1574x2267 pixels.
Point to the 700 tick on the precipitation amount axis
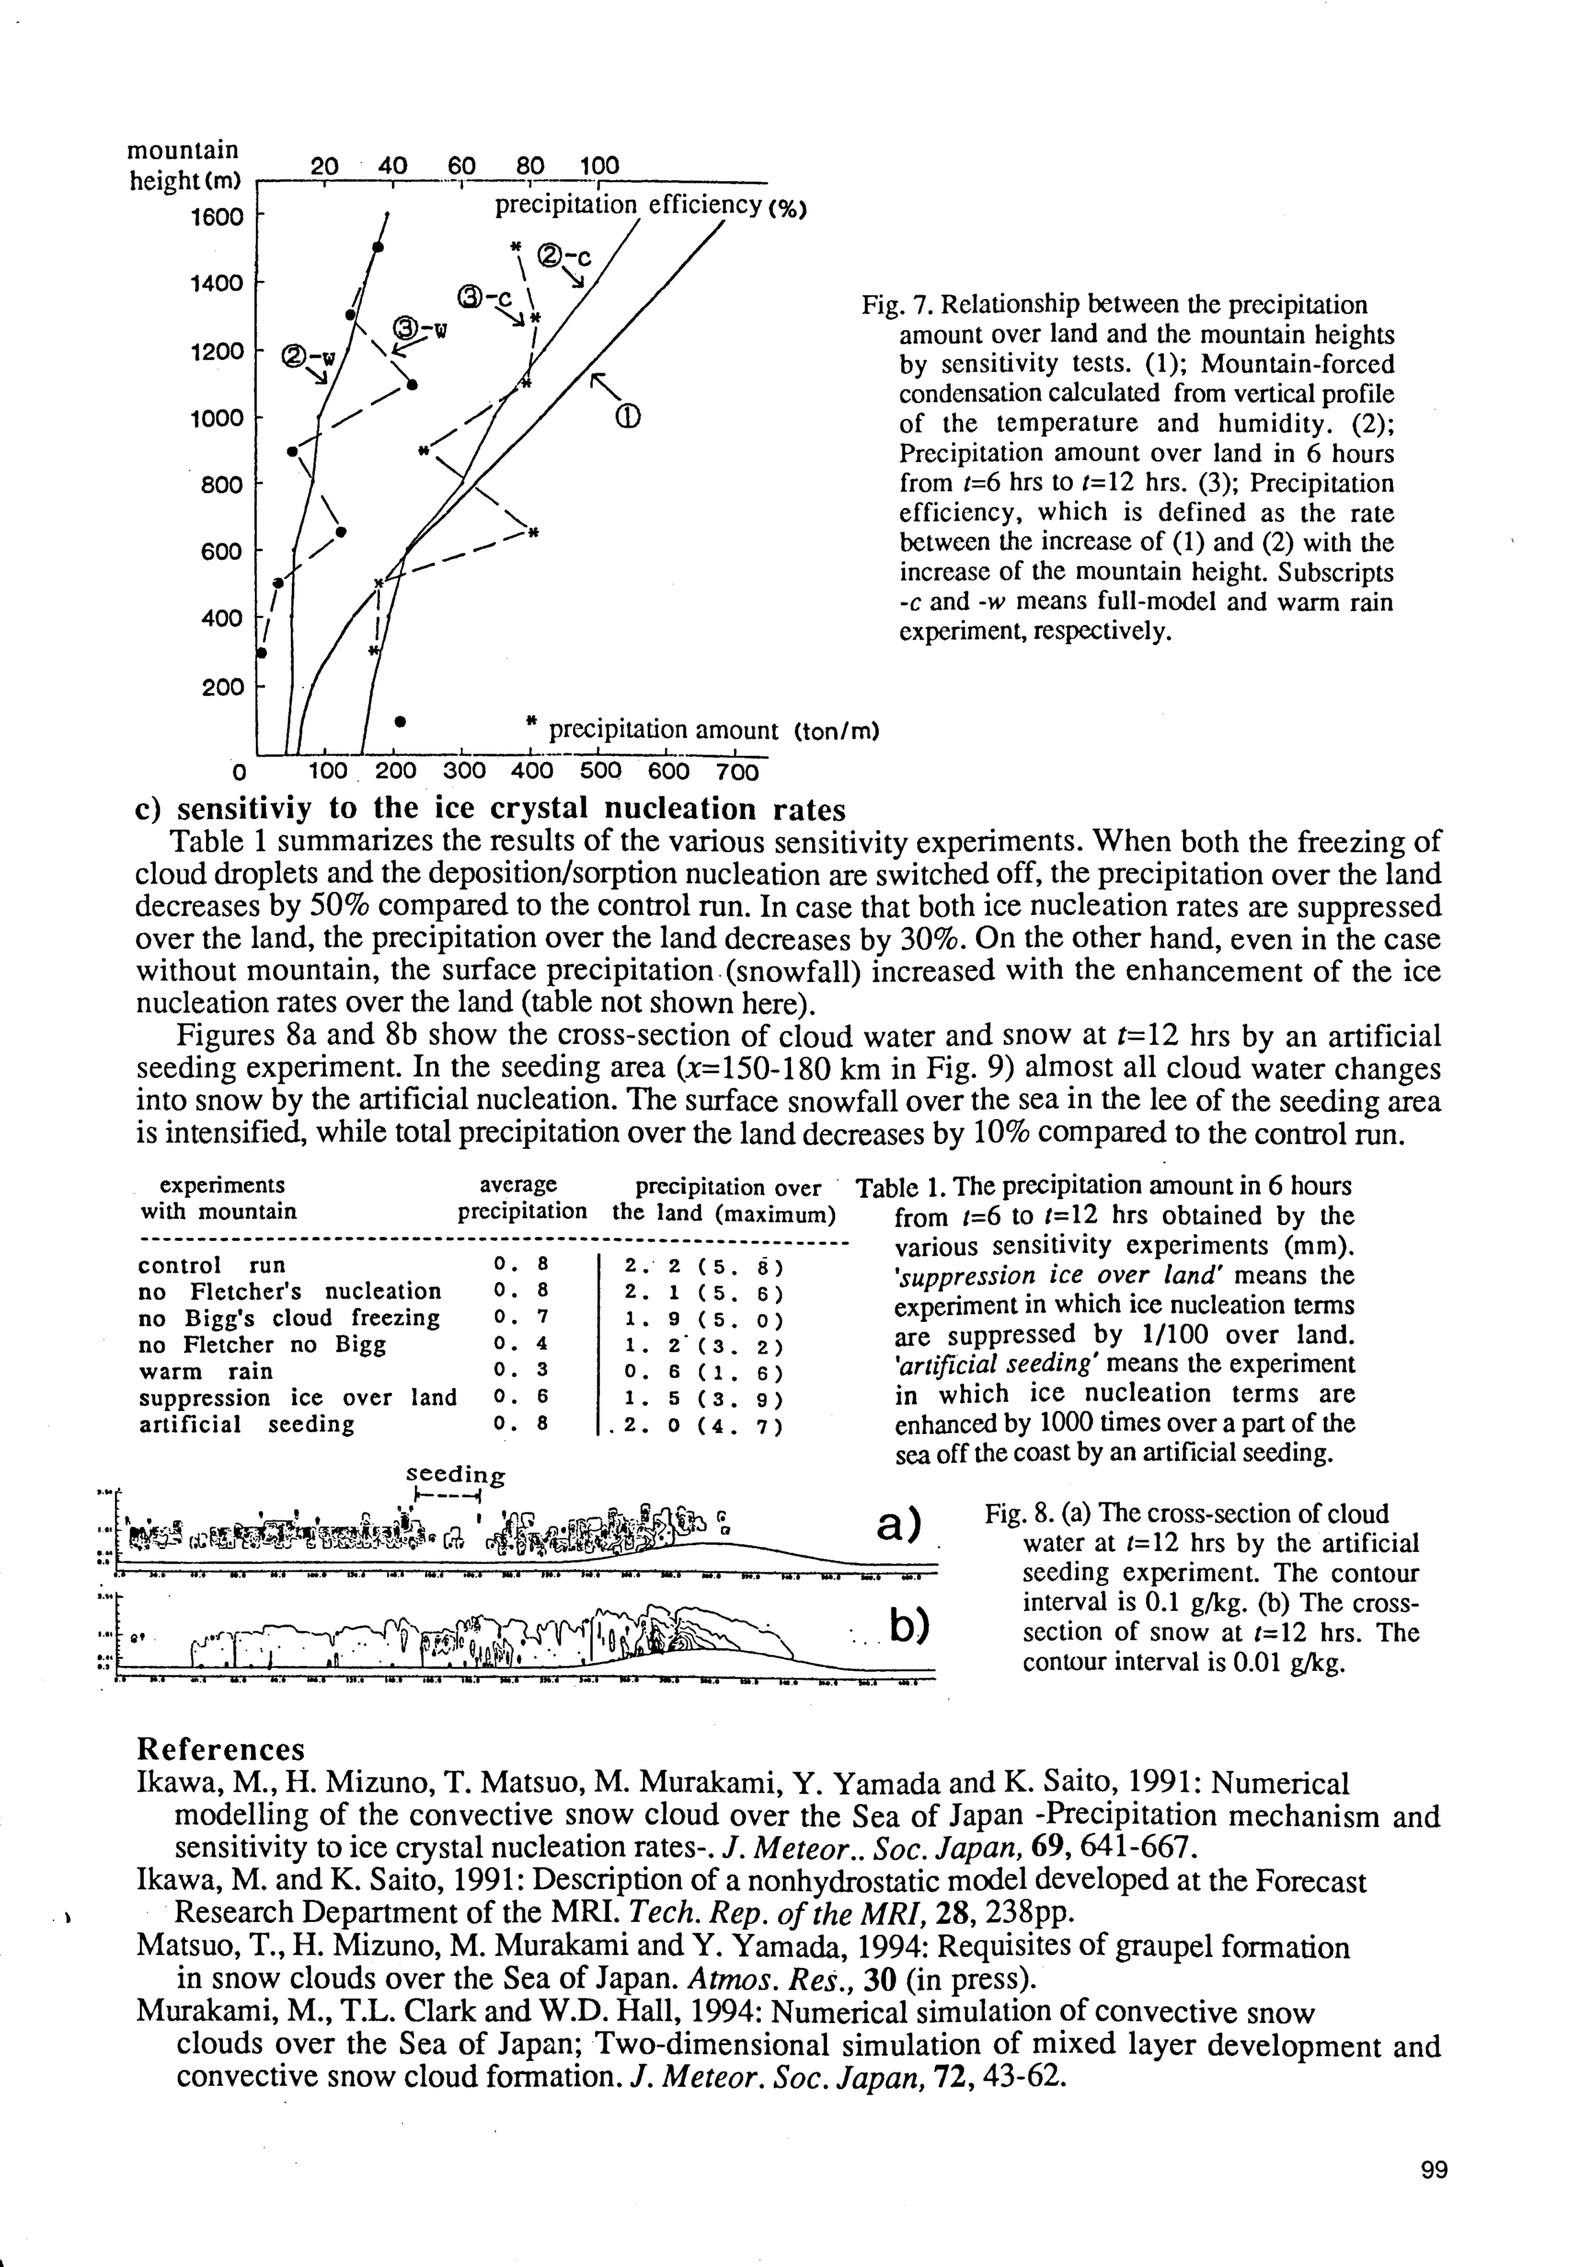click(737, 772)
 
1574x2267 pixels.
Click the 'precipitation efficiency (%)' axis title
click(650, 206)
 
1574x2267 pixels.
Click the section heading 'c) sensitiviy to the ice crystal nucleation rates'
click(490, 809)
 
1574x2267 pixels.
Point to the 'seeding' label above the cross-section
click(455, 1474)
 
